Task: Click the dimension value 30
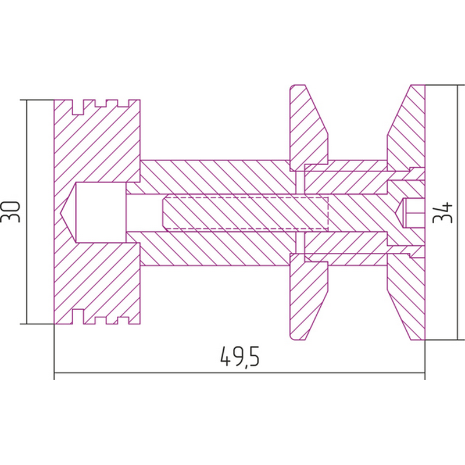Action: point(10,212)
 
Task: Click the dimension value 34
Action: point(443,213)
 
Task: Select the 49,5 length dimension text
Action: point(240,356)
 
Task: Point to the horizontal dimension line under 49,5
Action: point(239,373)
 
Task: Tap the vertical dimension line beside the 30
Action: point(27,212)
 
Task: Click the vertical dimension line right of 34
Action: point(458,212)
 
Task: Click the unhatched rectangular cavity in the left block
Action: point(101,212)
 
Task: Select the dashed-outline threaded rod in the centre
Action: point(245,213)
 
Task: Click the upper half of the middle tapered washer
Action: point(309,127)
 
